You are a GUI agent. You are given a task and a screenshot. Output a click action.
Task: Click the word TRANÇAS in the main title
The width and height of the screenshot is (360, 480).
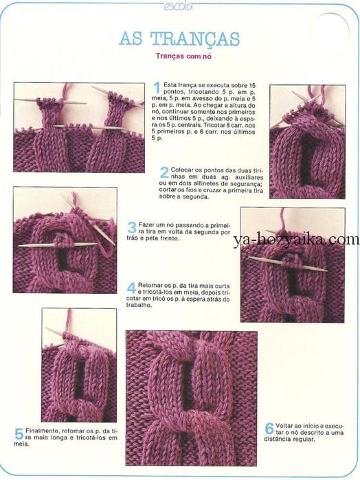coord(194,40)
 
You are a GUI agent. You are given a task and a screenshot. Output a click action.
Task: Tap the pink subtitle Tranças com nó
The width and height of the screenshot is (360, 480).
coord(183,56)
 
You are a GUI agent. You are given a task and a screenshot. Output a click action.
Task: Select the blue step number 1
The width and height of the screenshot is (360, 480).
coord(157,88)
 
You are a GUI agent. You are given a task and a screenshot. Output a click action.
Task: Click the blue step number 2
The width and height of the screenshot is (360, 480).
coord(164,172)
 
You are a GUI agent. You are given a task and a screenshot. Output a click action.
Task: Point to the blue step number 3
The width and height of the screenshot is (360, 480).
coord(132,227)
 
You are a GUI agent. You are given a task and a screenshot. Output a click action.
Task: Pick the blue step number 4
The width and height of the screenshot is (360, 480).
coord(132,288)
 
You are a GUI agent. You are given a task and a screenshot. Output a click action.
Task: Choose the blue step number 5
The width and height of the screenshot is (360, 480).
coord(19,434)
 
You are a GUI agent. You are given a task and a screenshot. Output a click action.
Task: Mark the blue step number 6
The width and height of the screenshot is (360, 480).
coord(269,428)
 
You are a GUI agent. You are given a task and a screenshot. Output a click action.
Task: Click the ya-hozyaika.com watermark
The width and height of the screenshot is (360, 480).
coord(296,240)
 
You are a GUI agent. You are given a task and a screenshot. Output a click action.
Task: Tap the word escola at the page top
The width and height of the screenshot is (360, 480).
coord(178,5)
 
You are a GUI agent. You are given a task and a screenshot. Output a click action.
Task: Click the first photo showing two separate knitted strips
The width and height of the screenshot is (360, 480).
coord(79,127)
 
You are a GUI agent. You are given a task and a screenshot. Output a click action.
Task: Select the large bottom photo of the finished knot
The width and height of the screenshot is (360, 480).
coord(191,398)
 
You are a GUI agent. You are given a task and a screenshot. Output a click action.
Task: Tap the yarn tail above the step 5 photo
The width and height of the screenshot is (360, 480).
coord(69,321)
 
